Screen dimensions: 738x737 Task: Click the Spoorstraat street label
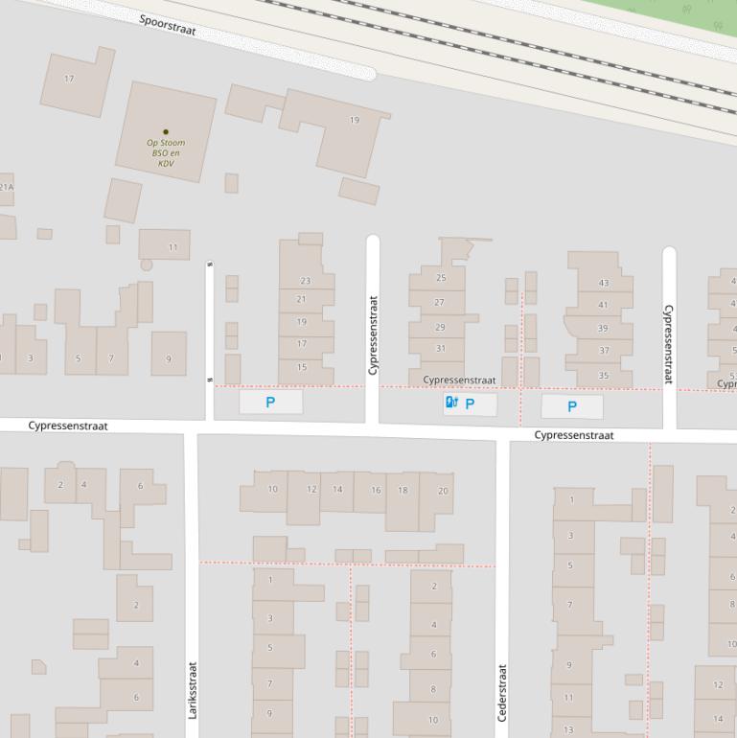tap(167, 25)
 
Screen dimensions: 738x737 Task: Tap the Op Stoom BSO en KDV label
tap(166, 152)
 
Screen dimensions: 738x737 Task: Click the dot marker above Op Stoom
tap(166, 132)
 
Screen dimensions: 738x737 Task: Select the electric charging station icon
tap(451, 404)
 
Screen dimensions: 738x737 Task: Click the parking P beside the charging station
tap(470, 404)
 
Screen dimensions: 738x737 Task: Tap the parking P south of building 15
tap(270, 403)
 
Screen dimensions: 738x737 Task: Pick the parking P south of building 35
tap(572, 406)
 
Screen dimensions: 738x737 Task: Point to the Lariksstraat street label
tap(193, 690)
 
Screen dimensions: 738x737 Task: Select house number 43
tap(603, 283)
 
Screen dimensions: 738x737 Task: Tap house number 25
tap(441, 278)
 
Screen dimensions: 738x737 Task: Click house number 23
tap(305, 281)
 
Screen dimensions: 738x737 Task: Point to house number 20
tap(443, 490)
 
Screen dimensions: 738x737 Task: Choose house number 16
tap(376, 490)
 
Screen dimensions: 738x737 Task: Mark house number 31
tap(440, 348)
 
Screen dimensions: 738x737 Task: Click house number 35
tap(603, 376)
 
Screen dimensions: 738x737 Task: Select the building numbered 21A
tap(6, 187)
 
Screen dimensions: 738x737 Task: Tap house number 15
tap(302, 367)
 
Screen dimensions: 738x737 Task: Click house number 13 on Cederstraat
tap(568, 729)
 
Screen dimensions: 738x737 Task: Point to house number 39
tap(603, 329)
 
